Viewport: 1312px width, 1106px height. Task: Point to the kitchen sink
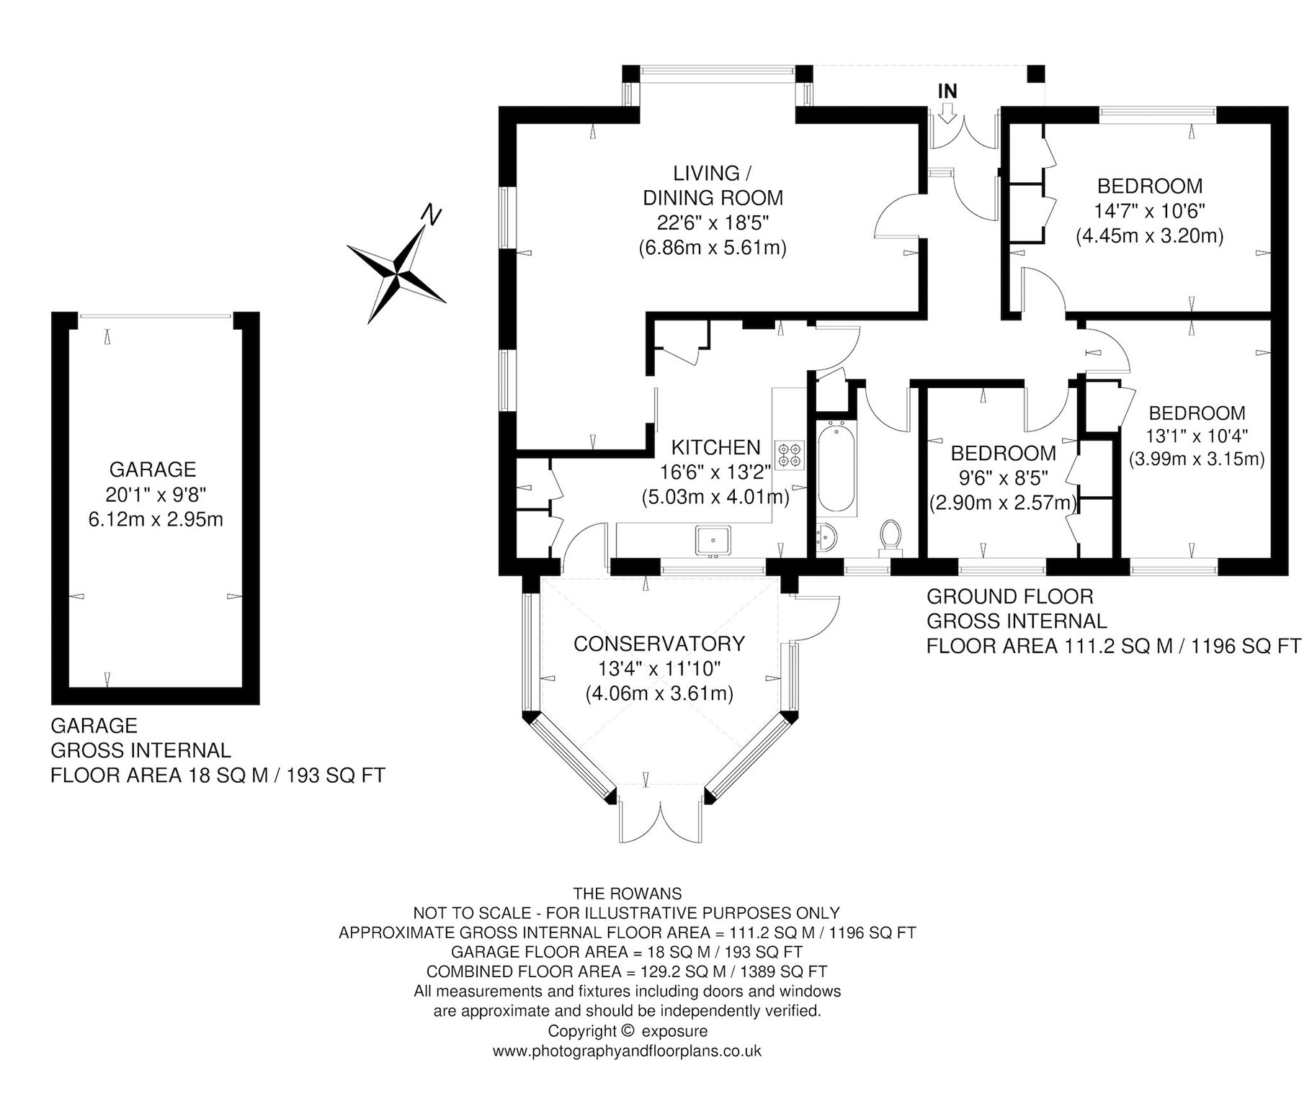coord(713,540)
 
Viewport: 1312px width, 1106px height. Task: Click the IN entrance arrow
coord(947,112)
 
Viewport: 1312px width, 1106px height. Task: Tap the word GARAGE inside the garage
coord(153,469)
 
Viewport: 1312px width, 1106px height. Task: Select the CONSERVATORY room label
coord(659,643)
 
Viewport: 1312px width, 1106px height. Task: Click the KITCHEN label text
coord(715,447)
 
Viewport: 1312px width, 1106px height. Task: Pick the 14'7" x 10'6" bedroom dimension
coord(1150,210)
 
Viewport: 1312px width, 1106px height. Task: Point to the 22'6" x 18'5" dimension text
coord(712,222)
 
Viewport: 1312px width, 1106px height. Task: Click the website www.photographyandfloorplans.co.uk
coord(627,1051)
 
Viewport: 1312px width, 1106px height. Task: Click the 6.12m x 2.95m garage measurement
coord(156,519)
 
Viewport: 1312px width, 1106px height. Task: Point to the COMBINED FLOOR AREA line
coord(627,971)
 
